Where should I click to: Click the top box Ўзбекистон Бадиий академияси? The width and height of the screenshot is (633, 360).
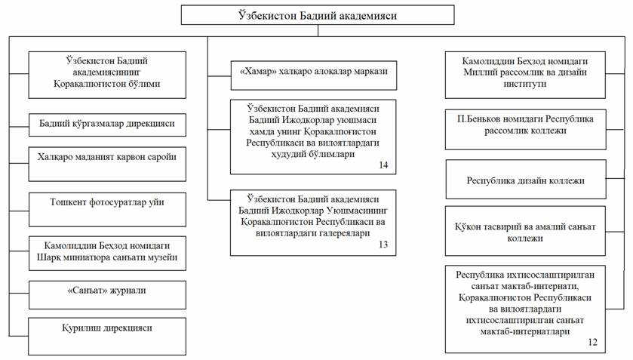pos(316,15)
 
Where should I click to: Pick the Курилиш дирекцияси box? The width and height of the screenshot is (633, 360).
pos(106,328)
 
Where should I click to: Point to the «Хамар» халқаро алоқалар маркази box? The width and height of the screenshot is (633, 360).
pos(313,75)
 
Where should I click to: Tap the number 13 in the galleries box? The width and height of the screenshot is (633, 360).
pos(383,245)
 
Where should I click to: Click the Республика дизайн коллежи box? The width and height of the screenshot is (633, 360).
pos(525,180)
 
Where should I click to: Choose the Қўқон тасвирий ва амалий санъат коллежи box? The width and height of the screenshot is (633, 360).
pos(525,226)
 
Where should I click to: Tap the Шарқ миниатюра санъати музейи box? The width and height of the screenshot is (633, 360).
pos(106,252)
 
